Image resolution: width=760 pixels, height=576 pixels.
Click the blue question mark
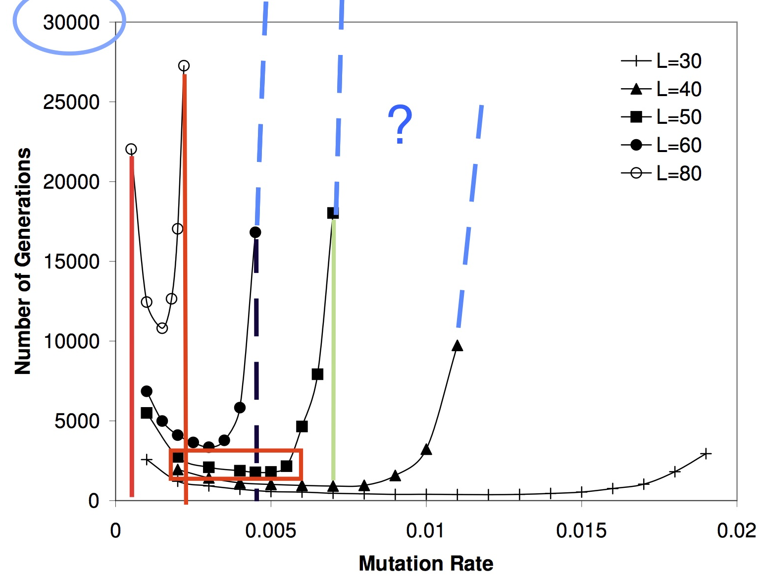point(400,124)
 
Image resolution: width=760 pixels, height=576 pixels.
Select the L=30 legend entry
point(661,61)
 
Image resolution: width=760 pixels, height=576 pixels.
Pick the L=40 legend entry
point(661,90)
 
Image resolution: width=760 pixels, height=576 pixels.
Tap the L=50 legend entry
point(661,117)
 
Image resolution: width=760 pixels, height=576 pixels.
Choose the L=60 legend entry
point(661,146)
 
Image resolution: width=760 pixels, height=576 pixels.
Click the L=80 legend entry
point(661,174)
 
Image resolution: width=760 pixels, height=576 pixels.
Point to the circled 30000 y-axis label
point(71,23)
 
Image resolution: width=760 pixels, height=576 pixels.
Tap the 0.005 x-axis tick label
point(270,531)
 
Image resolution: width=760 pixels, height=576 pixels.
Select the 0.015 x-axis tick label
point(581,531)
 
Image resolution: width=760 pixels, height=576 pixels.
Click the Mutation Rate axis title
point(426,564)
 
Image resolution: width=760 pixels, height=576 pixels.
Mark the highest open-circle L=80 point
point(184,66)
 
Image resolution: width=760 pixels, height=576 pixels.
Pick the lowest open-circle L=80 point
point(162,328)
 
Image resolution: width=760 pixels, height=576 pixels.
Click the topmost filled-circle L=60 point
point(255,232)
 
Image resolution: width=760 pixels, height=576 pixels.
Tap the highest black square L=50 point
point(333,213)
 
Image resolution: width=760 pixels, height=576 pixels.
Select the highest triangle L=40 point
point(457,346)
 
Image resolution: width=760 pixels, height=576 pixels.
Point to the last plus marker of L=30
point(706,453)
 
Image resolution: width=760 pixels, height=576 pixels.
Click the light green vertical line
point(333,347)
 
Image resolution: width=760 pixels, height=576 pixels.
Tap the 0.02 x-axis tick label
point(736,531)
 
